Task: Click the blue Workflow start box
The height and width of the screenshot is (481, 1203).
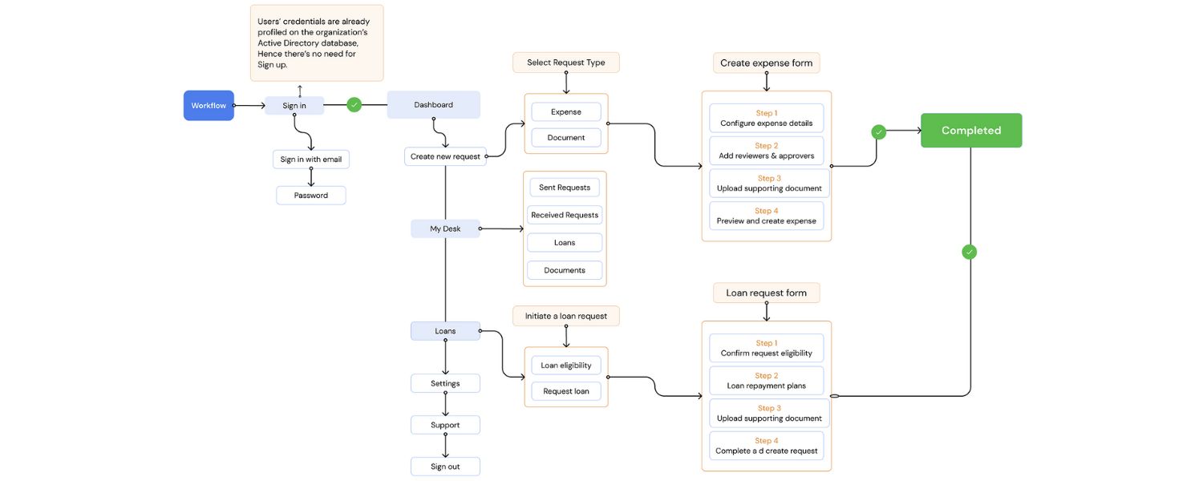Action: click(209, 105)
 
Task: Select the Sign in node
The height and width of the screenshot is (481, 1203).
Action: click(294, 105)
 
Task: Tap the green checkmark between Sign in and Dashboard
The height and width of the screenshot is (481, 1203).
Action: click(354, 104)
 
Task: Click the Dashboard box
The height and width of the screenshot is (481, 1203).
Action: click(433, 105)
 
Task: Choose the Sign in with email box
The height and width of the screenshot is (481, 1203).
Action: click(310, 160)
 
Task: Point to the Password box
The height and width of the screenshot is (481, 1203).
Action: click(310, 196)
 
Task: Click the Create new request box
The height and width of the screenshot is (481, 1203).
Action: click(445, 156)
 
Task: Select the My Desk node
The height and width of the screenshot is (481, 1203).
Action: click(445, 228)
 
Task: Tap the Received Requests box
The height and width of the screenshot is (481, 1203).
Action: click(565, 215)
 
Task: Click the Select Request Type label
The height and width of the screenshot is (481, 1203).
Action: click(565, 63)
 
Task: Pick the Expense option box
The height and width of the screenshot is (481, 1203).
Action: click(565, 112)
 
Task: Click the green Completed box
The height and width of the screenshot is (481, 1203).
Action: click(970, 131)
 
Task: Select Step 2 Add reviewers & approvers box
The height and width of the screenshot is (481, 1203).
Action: click(766, 151)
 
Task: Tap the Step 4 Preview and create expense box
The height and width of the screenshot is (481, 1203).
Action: click(766, 216)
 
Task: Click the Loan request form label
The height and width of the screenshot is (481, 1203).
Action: click(766, 293)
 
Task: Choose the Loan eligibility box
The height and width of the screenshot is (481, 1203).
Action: click(565, 366)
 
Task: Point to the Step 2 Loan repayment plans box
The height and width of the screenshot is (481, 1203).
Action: click(766, 381)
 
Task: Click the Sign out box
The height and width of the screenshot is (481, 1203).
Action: click(445, 467)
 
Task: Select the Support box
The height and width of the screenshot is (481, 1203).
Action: click(445, 425)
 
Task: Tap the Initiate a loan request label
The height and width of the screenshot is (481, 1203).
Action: click(565, 316)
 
